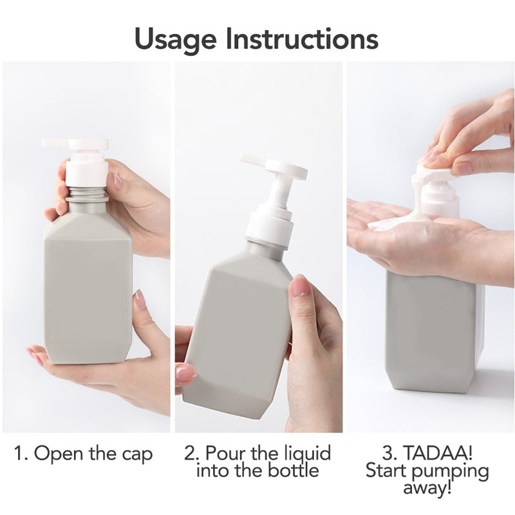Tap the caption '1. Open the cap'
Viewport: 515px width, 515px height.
coord(84,454)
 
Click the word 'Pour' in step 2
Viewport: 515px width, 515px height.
coord(226,454)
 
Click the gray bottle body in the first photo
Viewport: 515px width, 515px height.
coord(88,290)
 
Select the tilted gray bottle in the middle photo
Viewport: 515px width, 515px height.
coord(238,328)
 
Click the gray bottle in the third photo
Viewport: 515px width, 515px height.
coord(431,335)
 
